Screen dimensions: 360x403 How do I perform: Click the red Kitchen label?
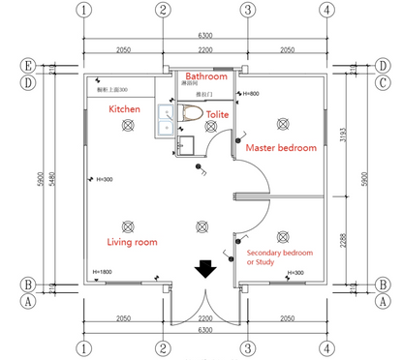[124, 109]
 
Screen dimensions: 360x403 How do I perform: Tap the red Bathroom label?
[206, 75]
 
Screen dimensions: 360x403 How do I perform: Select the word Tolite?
[219, 114]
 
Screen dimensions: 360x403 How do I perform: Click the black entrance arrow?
[205, 268]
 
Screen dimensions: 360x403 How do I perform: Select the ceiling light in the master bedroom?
[283, 122]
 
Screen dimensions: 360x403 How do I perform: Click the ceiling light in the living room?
[202, 227]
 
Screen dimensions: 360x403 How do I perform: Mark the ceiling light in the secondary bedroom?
[283, 235]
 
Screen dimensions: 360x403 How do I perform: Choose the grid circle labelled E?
[29, 66]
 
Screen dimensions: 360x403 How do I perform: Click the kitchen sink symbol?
[165, 117]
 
